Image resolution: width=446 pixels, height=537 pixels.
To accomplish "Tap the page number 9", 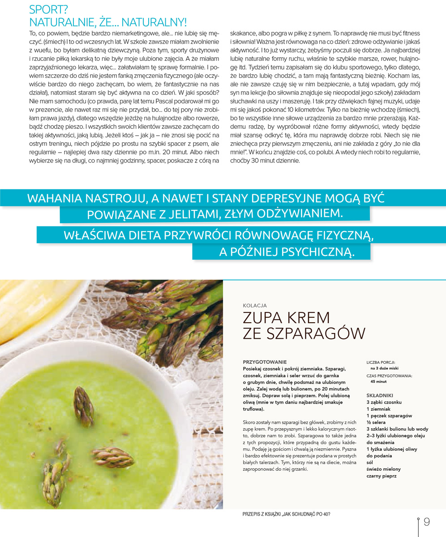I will (x=427, y=521).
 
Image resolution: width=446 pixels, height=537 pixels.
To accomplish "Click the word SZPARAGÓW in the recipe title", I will (x=304, y=333).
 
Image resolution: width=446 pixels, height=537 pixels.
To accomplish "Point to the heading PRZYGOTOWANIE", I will (x=264, y=362).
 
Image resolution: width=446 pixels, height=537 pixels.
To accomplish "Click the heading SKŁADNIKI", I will (x=379, y=396).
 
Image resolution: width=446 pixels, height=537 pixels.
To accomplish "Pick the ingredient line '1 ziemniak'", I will (x=378, y=409).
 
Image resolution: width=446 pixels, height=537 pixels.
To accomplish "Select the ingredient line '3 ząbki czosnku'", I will (x=384, y=402).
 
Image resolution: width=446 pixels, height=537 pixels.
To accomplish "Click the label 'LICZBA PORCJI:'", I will (x=381, y=362).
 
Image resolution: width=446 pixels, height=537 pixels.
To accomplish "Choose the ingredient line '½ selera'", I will (x=376, y=422).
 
